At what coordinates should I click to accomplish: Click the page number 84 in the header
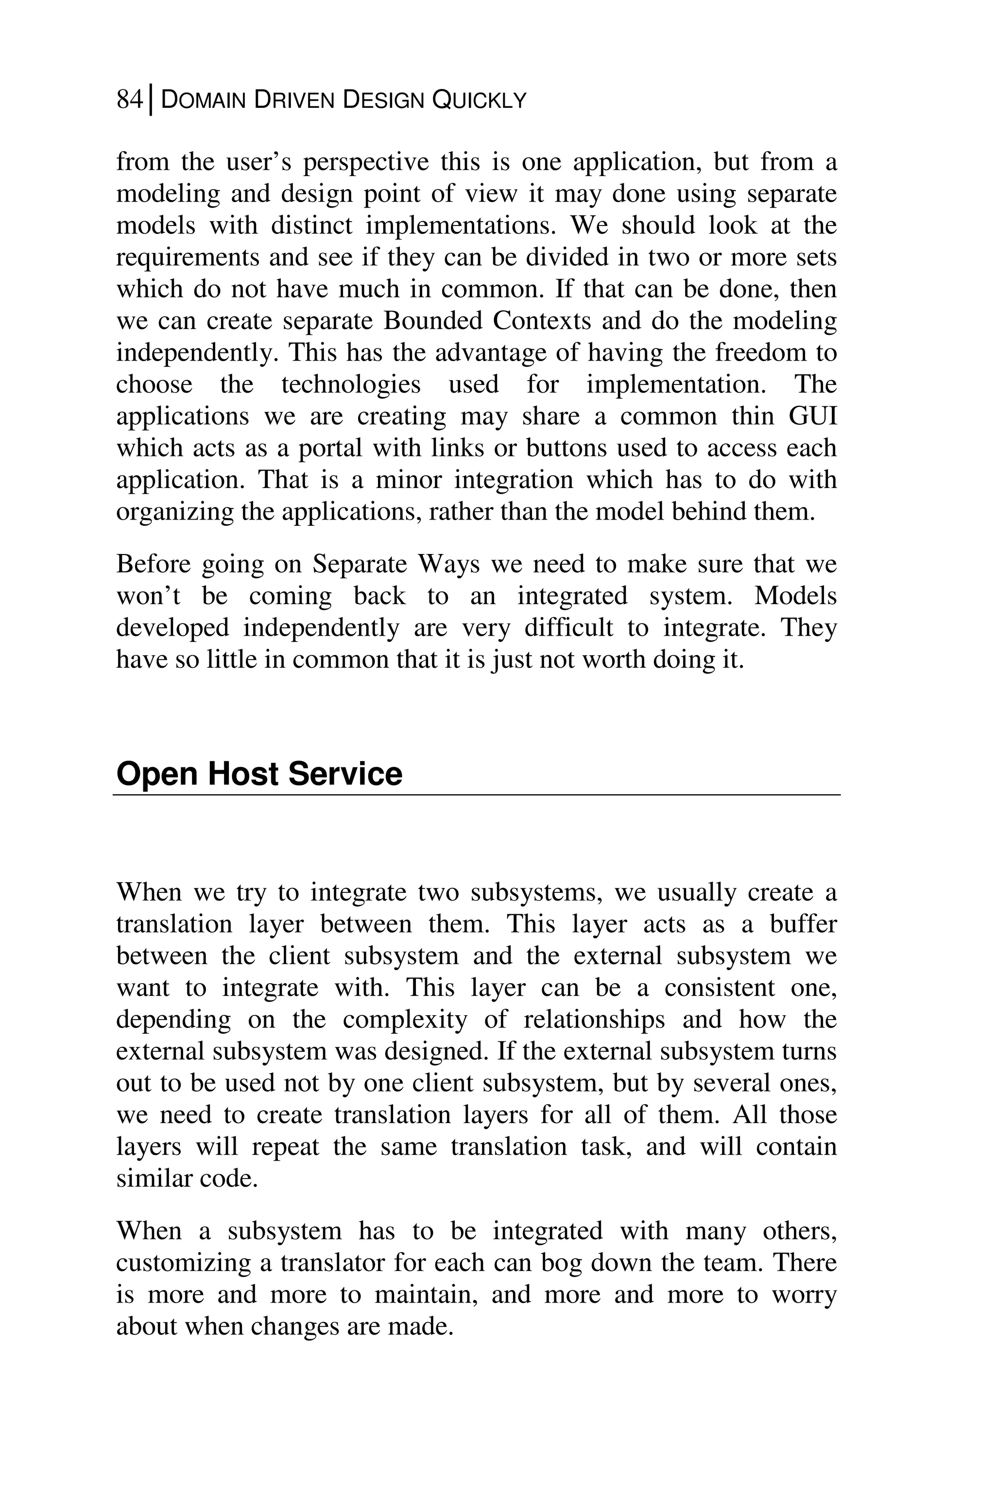pyautogui.click(x=130, y=100)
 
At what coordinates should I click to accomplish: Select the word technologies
pyautogui.click(x=351, y=385)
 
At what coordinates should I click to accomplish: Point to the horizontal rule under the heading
pyautogui.click(x=477, y=794)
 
